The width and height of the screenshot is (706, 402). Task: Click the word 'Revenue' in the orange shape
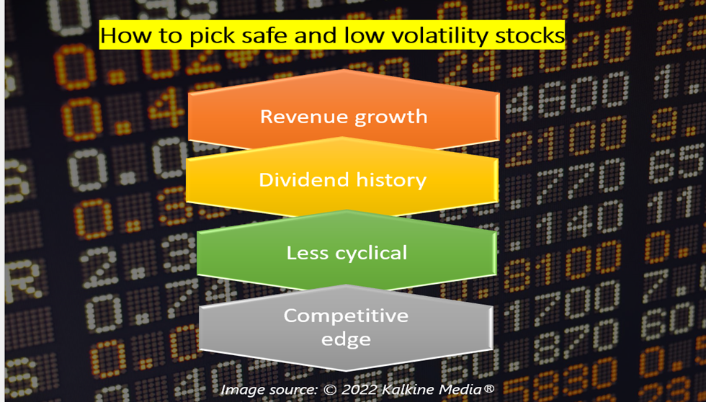(303, 117)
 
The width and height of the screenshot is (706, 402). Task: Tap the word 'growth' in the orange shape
(390, 117)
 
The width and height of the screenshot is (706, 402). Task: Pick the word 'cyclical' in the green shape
(366, 254)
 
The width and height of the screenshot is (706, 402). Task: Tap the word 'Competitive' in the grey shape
(346, 316)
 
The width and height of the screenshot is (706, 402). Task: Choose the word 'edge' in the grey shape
(346, 340)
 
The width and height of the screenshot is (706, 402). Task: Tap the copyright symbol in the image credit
(330, 390)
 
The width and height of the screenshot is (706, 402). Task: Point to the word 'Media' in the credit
(462, 389)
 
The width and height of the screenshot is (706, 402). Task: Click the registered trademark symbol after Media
(488, 387)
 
